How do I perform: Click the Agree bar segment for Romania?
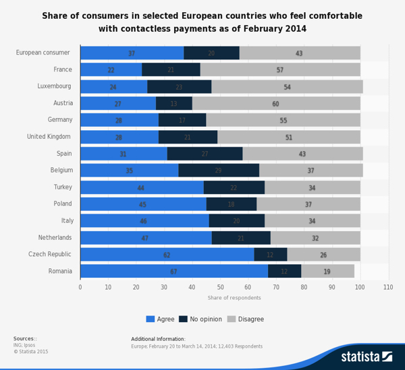pyautogui.click(x=174, y=272)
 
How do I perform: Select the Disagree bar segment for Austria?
pyautogui.click(x=276, y=103)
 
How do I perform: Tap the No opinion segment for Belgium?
pyautogui.click(x=219, y=171)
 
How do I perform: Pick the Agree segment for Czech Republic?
pyautogui.click(x=167, y=255)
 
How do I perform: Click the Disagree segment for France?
pyautogui.click(x=280, y=69)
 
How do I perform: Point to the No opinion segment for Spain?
pyautogui.click(x=205, y=154)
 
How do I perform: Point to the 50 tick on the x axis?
pyautogui.click(x=220, y=287)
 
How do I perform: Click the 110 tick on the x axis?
pyautogui.click(x=388, y=287)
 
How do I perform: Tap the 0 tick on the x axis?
pyautogui.click(x=80, y=287)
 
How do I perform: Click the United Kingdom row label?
pyautogui.click(x=49, y=137)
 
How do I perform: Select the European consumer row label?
pyautogui.click(x=44, y=53)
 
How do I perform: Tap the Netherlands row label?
pyautogui.click(x=55, y=238)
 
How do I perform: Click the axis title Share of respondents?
pyautogui.click(x=234, y=297)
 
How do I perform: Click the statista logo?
pyautogui.click(x=366, y=357)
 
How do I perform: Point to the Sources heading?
pyautogui.click(x=25, y=338)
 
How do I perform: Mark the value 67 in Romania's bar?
pyautogui.click(x=173, y=272)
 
